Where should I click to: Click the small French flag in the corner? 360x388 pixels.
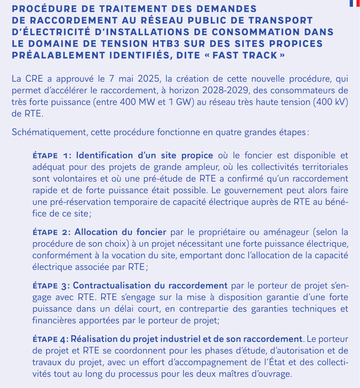click(355, 3)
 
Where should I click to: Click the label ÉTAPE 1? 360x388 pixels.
click(52, 156)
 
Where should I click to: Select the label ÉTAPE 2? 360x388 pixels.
click(52, 232)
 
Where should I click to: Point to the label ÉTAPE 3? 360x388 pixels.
click(52, 286)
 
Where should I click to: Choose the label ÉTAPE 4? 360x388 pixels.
click(52, 340)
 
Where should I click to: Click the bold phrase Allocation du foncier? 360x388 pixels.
click(120, 232)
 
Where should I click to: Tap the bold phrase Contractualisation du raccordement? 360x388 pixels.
click(150, 286)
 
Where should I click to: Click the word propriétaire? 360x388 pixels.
click(227, 232)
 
